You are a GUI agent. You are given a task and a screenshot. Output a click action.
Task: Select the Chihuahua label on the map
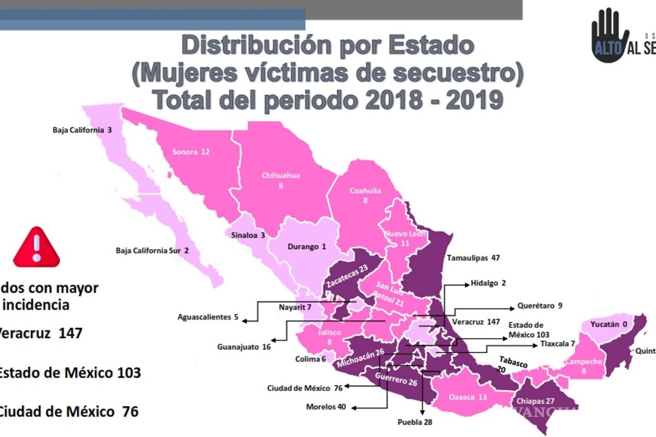pyautogui.click(x=280, y=180)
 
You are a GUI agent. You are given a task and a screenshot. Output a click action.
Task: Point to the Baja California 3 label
pyautogui.click(x=83, y=130)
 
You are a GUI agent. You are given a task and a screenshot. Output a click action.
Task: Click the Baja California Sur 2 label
pyautogui.click(x=153, y=251)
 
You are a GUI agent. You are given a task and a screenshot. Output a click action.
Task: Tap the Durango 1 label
pyautogui.click(x=307, y=246)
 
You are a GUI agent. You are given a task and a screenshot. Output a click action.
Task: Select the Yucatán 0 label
pyautogui.click(x=610, y=324)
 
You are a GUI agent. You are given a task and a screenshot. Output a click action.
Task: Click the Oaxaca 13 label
pyautogui.click(x=467, y=397)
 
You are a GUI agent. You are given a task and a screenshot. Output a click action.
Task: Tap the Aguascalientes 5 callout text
pyautogui.click(x=208, y=317)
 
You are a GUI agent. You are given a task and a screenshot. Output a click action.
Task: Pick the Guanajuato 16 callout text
pyautogui.click(x=243, y=346)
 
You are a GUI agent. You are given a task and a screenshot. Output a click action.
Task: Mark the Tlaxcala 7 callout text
pyautogui.click(x=558, y=344)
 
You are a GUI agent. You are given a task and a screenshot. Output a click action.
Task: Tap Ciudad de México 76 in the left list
pyautogui.click(x=68, y=411)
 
